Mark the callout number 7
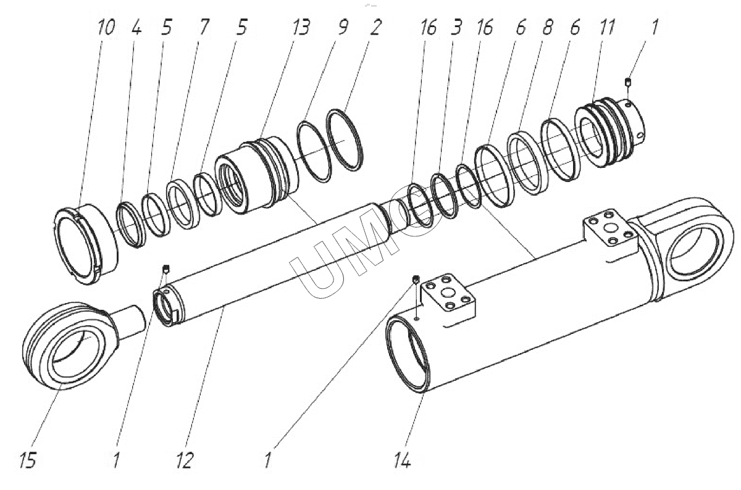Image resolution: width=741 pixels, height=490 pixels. pyautogui.click(x=203, y=28)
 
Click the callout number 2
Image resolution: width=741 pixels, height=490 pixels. pyautogui.click(x=376, y=28)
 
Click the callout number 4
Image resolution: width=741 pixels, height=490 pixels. pyautogui.click(x=136, y=28)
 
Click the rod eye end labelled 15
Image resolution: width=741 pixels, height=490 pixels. pyautogui.click(x=68, y=346)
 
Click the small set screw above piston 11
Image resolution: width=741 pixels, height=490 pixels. pyautogui.click(x=629, y=82)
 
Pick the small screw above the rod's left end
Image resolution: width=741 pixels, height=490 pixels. pyautogui.click(x=165, y=268)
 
